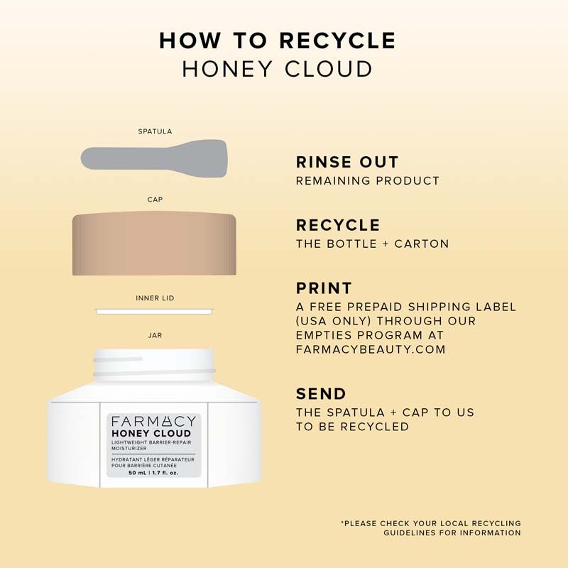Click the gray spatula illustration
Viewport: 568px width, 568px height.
point(154,158)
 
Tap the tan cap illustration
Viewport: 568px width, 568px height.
point(154,244)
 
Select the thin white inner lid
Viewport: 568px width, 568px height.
point(154,312)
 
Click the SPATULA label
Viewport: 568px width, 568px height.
point(155,131)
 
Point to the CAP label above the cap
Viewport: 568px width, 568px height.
point(155,200)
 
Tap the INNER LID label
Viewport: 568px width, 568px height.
point(155,298)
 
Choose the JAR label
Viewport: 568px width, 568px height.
point(155,335)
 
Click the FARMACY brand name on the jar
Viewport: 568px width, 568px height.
point(153,421)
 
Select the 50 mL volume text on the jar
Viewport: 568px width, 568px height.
point(137,473)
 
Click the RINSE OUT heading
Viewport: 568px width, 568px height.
point(347,162)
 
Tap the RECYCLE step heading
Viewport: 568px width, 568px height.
point(338,225)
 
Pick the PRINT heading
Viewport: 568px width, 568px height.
point(324,288)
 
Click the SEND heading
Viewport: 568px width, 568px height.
point(321,394)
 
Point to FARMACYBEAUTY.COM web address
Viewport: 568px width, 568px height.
point(371,349)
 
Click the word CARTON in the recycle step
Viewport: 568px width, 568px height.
point(422,244)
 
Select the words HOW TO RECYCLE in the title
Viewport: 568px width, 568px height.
point(278,40)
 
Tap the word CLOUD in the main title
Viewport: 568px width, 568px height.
point(328,69)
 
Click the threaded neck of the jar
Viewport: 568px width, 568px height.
point(153,365)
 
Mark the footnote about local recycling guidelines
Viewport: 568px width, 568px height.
point(431,528)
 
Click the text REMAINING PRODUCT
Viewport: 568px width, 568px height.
point(368,181)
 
